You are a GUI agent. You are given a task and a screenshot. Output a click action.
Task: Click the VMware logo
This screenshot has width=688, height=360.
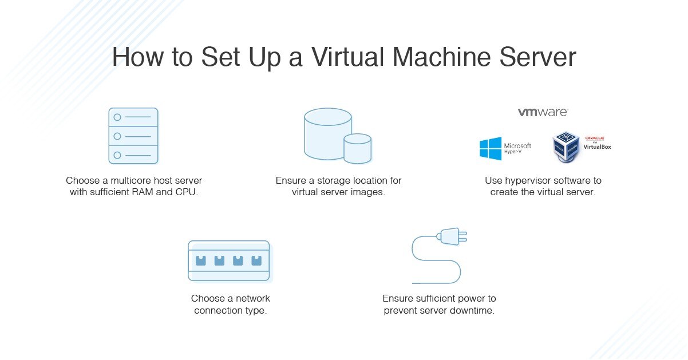[x=543, y=112]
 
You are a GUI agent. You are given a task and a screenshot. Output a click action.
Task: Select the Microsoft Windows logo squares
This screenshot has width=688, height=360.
[x=491, y=149]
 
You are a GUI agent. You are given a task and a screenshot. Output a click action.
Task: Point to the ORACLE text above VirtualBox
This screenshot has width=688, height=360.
[x=594, y=139]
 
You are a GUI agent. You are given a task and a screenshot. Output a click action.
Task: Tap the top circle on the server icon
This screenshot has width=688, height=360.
[x=117, y=117]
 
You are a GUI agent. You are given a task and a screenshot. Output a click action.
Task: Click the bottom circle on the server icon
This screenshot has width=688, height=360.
[x=117, y=155]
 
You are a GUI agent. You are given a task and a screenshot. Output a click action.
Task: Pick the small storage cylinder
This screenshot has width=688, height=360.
[x=357, y=148]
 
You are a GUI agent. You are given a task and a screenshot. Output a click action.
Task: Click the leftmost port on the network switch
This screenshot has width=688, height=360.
[x=200, y=260]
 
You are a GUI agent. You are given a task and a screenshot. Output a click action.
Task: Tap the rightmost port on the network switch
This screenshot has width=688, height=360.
[x=256, y=260]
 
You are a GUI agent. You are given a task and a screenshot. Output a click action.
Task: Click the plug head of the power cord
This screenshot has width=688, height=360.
[x=450, y=236]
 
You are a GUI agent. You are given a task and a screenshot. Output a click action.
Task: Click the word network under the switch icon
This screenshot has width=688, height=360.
[x=252, y=298]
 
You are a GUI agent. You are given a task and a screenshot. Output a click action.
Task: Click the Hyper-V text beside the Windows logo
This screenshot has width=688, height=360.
[x=513, y=153]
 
